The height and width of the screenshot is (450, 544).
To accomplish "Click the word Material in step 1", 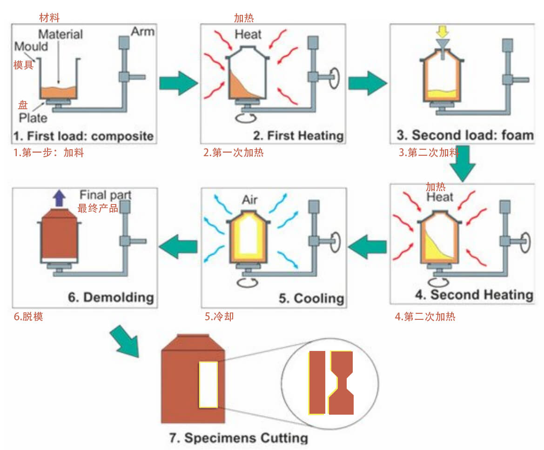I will coord(60,34).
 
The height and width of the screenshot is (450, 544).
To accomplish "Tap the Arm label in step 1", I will coord(142,32).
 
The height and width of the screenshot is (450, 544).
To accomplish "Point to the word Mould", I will coord(31,46).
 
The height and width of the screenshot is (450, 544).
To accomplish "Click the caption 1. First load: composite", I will coord(83,136).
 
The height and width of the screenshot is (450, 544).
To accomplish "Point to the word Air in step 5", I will coord(249,200).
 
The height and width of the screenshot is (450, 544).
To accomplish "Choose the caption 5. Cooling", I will coord(311,298).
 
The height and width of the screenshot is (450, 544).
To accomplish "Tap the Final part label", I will coord(105,195).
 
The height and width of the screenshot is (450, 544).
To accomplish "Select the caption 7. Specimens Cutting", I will coord(238,438).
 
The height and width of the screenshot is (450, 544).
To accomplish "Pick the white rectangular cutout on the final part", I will coord(208,384).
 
